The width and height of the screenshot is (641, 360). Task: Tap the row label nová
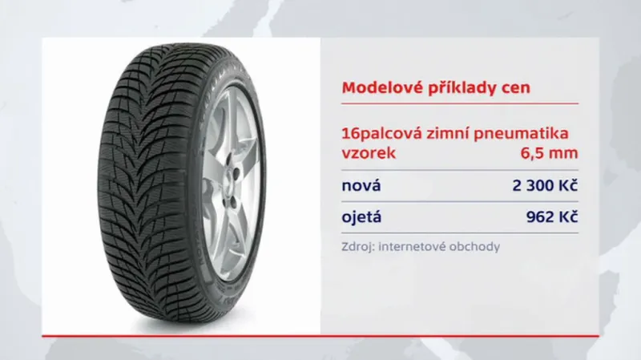361,186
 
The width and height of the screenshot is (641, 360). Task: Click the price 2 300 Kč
545,186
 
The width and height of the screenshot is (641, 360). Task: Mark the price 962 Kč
552,216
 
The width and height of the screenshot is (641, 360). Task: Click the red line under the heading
460,103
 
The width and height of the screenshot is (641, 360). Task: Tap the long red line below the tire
320,334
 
